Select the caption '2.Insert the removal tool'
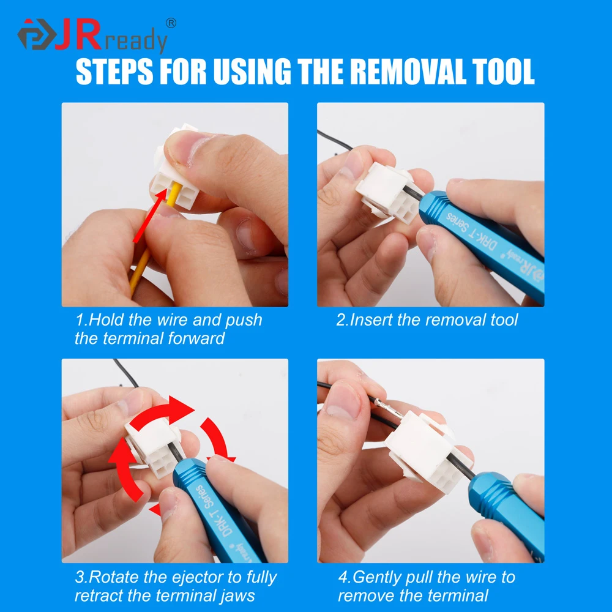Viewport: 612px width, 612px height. pyautogui.click(x=427, y=319)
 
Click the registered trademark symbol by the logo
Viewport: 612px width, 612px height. pyautogui.click(x=171, y=23)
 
